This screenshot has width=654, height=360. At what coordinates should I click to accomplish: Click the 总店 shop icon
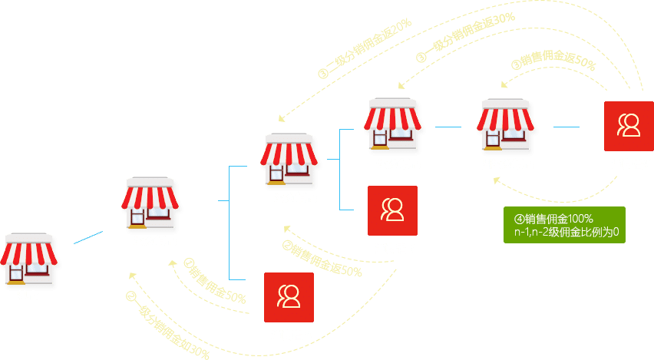[28, 259]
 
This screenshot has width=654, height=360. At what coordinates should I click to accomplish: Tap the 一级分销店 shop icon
[150, 203]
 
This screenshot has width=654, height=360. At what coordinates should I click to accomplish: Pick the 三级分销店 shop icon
[393, 124]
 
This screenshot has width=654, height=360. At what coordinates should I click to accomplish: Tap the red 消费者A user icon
[289, 298]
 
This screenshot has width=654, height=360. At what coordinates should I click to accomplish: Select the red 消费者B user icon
[392, 210]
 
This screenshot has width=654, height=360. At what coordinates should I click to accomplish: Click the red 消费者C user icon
[629, 125]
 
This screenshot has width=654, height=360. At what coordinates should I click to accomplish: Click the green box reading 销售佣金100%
[564, 225]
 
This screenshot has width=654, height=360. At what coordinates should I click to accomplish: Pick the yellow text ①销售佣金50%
[214, 282]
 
